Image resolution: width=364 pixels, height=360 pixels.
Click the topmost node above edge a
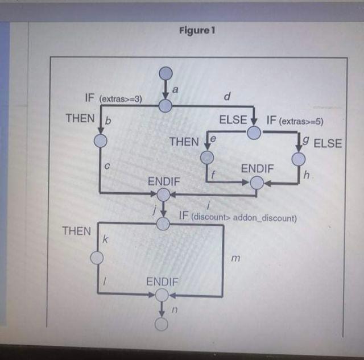tap(166, 73)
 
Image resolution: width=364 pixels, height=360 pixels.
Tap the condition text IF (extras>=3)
tap(113, 98)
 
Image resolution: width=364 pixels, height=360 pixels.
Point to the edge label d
tap(227, 97)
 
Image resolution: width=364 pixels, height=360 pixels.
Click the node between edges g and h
tap(299, 159)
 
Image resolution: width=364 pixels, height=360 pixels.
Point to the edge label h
tap(307, 176)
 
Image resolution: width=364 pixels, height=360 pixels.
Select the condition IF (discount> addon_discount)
tap(238, 217)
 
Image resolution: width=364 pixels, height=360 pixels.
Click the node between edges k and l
tap(97, 258)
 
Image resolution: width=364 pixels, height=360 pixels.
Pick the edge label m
tap(235, 259)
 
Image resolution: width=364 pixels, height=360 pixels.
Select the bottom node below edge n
tap(162, 324)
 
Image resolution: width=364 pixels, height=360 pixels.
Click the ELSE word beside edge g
tap(327, 143)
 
